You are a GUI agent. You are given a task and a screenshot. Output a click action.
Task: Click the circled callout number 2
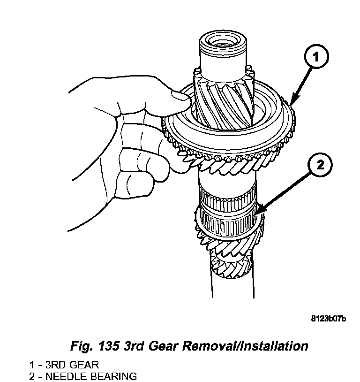point(320,165)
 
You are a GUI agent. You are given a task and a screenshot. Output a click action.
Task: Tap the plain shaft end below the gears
point(232,286)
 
